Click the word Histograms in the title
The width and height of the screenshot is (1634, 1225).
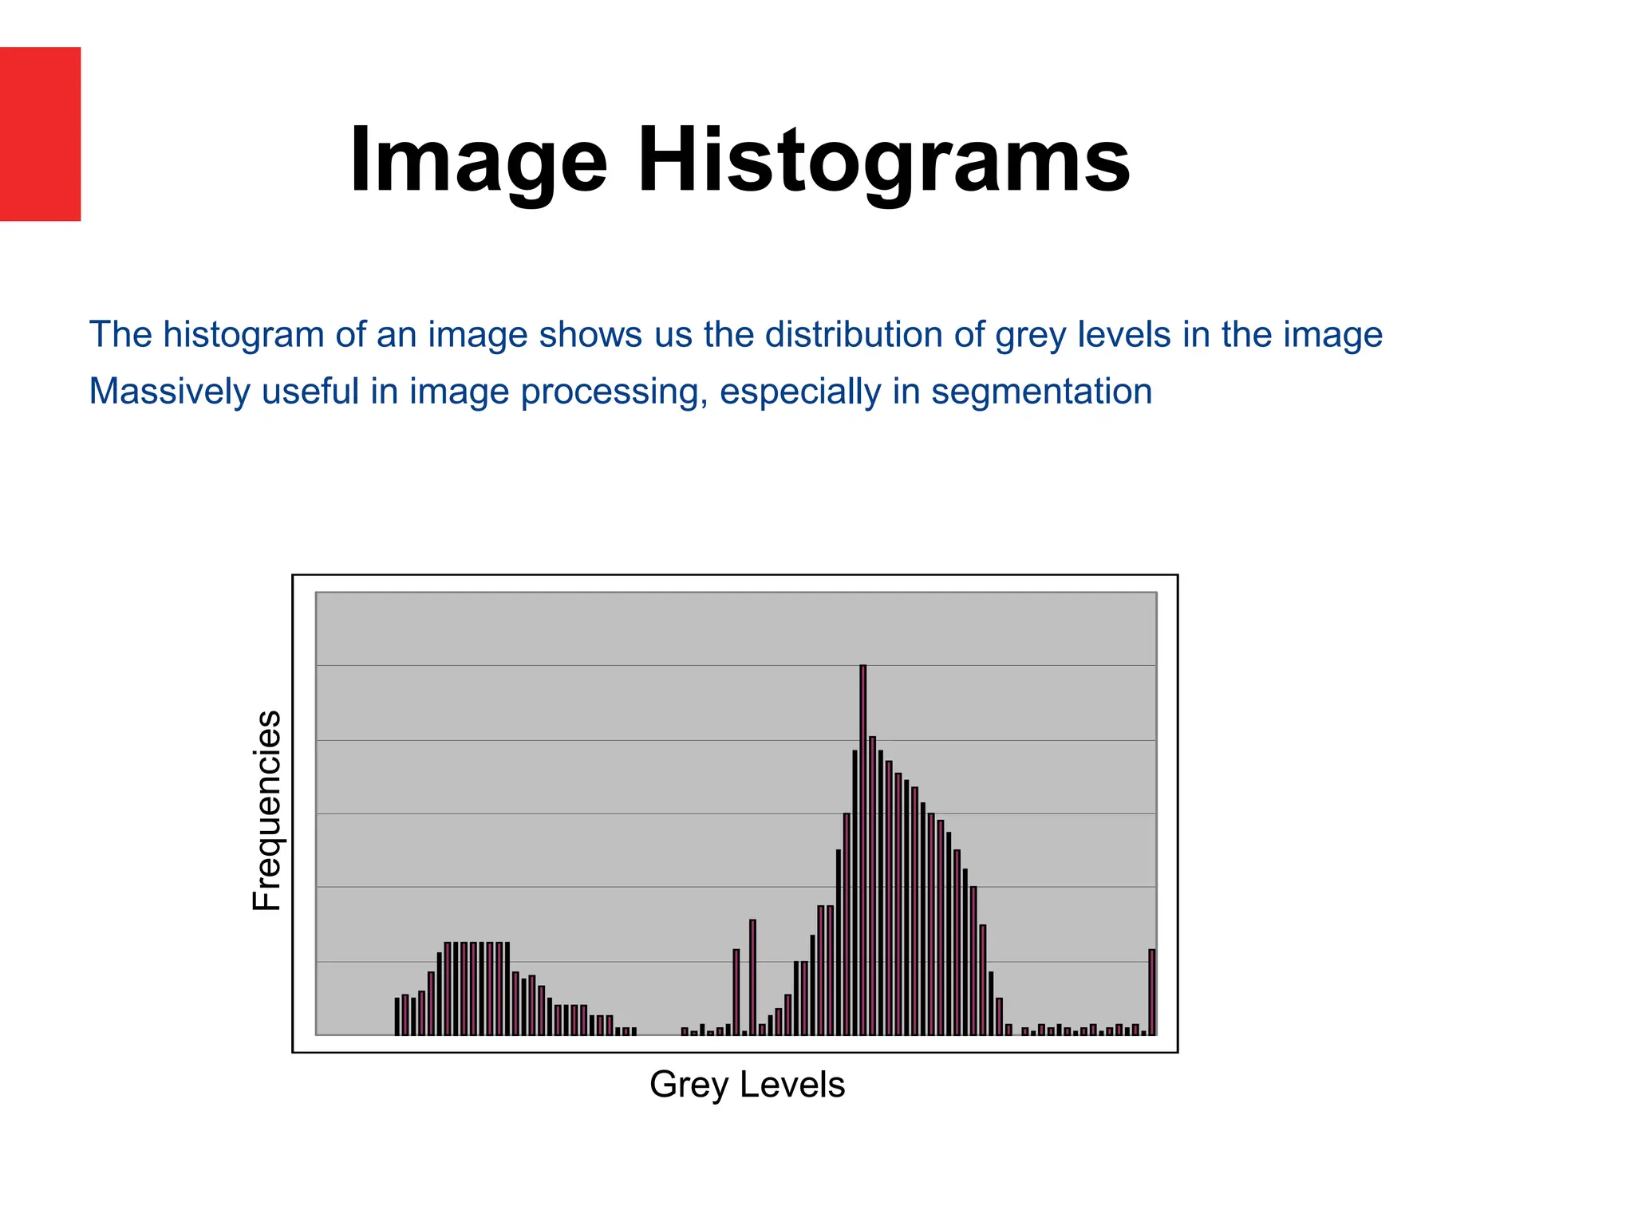pos(883,162)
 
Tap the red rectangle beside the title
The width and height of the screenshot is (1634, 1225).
pos(40,134)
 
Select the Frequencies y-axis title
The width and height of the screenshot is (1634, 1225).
pos(267,810)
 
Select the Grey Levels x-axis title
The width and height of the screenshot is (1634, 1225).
pos(747,1085)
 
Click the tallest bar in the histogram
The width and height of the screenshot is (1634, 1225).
pos(862,849)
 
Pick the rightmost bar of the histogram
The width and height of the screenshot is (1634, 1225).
pos(1151,991)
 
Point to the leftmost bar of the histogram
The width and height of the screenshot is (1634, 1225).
pos(397,1016)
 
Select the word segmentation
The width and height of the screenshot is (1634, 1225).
pos(1041,392)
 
